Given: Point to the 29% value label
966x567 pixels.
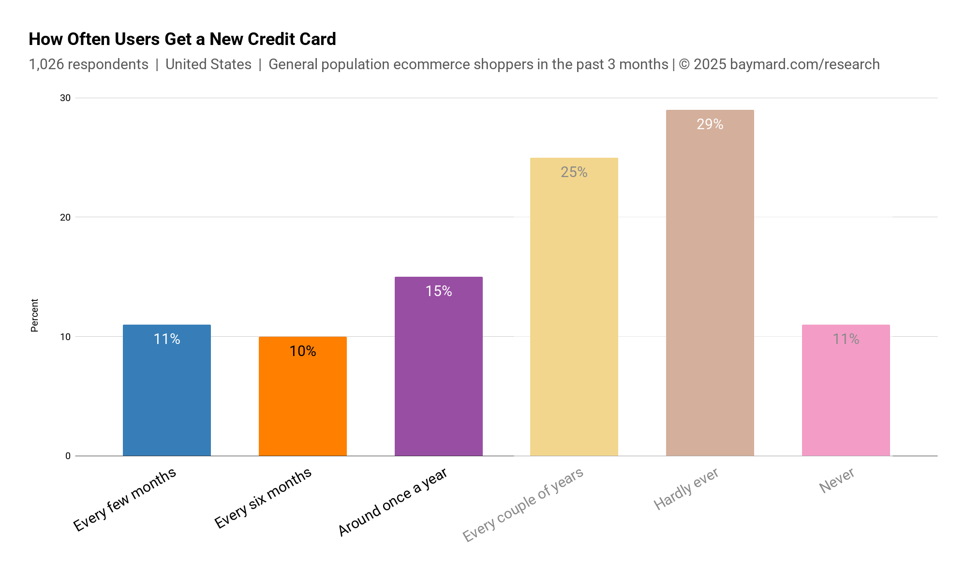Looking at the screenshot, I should [710, 124].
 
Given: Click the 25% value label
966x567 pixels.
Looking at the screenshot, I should [574, 172].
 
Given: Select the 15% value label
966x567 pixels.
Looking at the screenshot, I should [438, 291].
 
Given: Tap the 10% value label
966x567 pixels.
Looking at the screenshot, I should [302, 351].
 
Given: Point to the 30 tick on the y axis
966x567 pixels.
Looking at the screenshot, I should [65, 98].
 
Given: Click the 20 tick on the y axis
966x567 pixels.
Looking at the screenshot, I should [65, 217].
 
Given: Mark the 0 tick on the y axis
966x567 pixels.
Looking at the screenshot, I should [68, 456].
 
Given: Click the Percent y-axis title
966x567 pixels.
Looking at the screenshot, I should [34, 315].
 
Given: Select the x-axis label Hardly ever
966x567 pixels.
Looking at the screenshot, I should [686, 489].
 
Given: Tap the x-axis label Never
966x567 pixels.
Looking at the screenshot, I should [837, 480].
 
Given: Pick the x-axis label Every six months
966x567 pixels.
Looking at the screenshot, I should [263, 498].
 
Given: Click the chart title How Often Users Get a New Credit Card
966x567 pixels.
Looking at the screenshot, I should [182, 39].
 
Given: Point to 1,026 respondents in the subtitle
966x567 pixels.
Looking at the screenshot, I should [89, 64].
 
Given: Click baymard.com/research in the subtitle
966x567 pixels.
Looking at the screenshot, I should [804, 64].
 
